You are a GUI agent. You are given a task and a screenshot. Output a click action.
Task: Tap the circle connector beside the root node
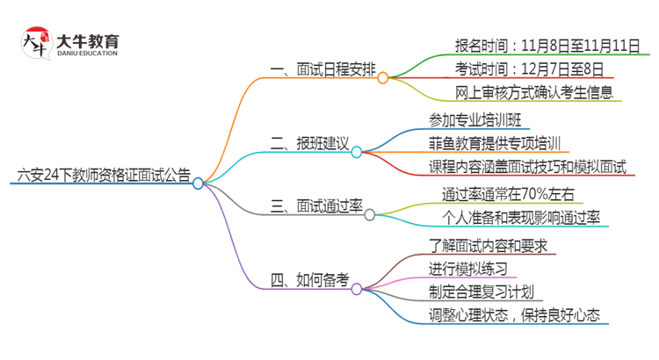coord(199,184)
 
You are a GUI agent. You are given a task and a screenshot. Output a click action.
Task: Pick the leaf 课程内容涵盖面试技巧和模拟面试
coord(527,167)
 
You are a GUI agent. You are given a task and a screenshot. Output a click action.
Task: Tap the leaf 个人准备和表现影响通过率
coord(521,217)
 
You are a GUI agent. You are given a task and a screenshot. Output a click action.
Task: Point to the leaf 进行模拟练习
coord(468,268)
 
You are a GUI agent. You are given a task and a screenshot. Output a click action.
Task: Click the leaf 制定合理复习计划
coord(482,292)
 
